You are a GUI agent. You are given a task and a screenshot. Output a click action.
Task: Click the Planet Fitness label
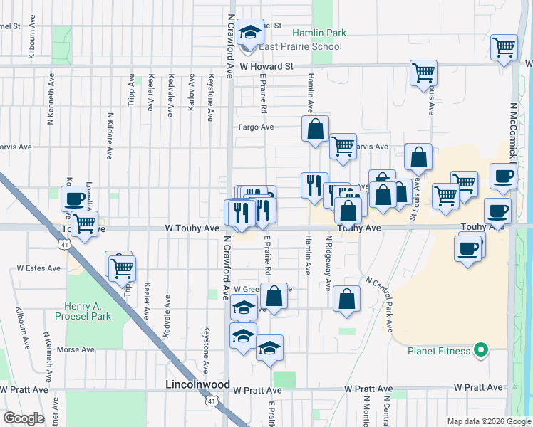(438, 350)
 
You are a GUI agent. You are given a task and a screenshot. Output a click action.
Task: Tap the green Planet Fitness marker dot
(480, 349)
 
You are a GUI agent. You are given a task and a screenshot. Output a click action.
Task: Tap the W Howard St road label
(266, 66)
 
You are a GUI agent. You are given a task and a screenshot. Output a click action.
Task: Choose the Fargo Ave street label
(257, 127)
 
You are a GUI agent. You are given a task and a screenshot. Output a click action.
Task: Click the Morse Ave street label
(76, 349)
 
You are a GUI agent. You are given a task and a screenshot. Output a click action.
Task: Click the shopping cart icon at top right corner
(504, 47)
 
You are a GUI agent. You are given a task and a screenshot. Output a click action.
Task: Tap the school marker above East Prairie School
(251, 33)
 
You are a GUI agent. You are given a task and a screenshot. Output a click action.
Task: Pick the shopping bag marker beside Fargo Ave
(315, 130)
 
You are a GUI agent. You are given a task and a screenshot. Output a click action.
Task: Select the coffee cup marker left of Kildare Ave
(74, 199)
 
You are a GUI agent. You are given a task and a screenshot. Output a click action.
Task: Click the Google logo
(24, 418)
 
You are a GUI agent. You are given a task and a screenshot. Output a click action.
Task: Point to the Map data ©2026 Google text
(489, 421)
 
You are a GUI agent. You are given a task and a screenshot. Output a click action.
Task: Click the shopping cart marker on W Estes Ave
(122, 268)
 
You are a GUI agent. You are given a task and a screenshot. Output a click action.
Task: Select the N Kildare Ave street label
(110, 135)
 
